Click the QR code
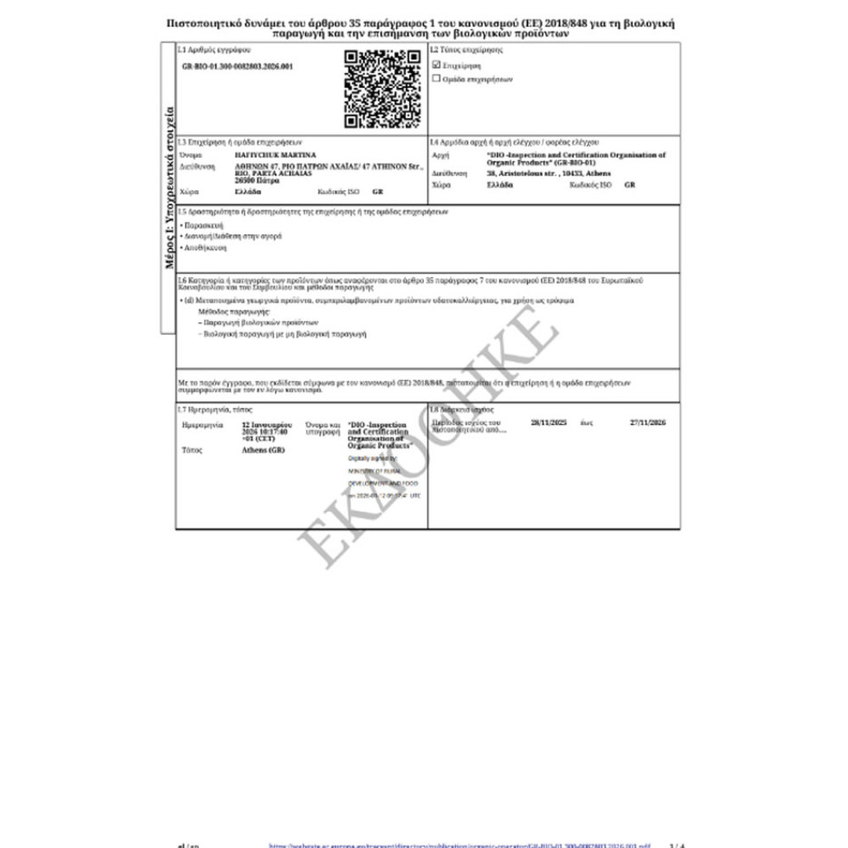(x=382, y=89)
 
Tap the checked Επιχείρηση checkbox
(x=437, y=64)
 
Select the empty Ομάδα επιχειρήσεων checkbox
(x=437, y=78)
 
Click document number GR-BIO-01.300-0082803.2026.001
(x=237, y=66)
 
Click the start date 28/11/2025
(x=548, y=421)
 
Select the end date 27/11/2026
(x=649, y=421)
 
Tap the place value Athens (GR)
(x=264, y=449)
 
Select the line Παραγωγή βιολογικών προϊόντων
(x=259, y=323)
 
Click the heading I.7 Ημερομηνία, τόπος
(x=209, y=410)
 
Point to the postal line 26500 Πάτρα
(x=259, y=181)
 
